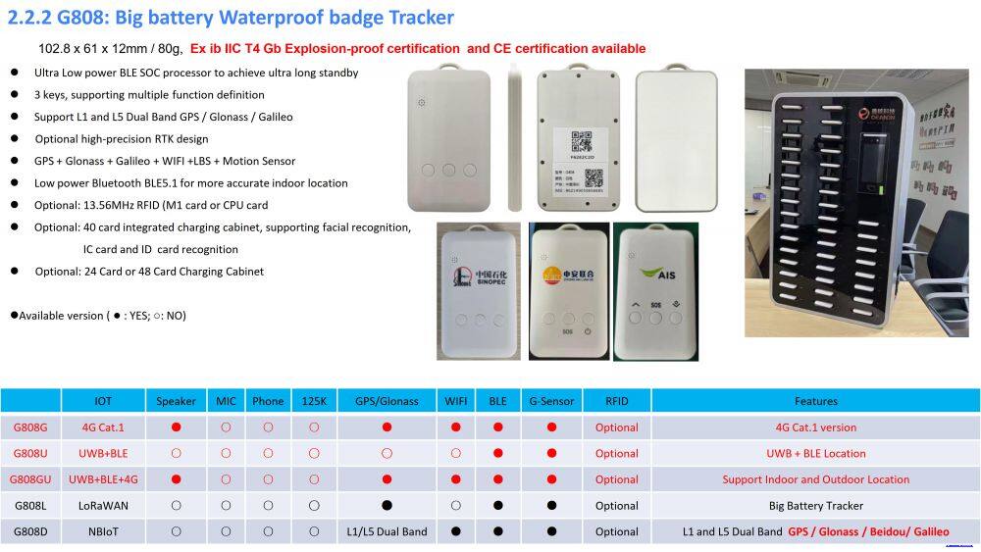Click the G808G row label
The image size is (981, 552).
tap(30, 427)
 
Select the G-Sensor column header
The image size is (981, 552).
tap(550, 401)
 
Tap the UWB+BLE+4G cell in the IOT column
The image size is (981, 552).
tap(103, 479)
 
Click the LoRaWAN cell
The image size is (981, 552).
tap(103, 506)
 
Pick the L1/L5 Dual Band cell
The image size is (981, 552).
tap(387, 531)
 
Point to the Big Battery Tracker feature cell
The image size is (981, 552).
tap(815, 506)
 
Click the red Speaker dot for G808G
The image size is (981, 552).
tap(176, 427)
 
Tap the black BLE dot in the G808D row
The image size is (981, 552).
tap(498, 531)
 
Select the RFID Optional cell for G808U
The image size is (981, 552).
tap(616, 454)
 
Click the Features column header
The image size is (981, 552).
tap(815, 401)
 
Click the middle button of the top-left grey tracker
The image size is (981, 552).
tap(448, 170)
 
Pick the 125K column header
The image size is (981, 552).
tap(313, 401)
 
